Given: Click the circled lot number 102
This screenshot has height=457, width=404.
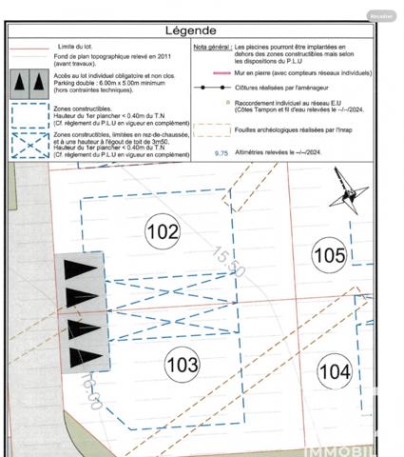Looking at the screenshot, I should [x=163, y=230].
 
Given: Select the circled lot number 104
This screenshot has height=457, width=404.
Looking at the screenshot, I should [x=334, y=370].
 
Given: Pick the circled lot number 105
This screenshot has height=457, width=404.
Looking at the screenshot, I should [x=329, y=255].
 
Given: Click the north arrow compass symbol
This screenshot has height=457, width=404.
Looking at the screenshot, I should [x=347, y=195].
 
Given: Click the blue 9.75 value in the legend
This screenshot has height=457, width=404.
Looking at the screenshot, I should [x=222, y=152].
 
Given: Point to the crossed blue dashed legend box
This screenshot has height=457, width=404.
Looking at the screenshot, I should [x=30, y=142].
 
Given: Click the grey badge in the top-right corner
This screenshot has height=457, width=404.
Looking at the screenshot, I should [x=382, y=15].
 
